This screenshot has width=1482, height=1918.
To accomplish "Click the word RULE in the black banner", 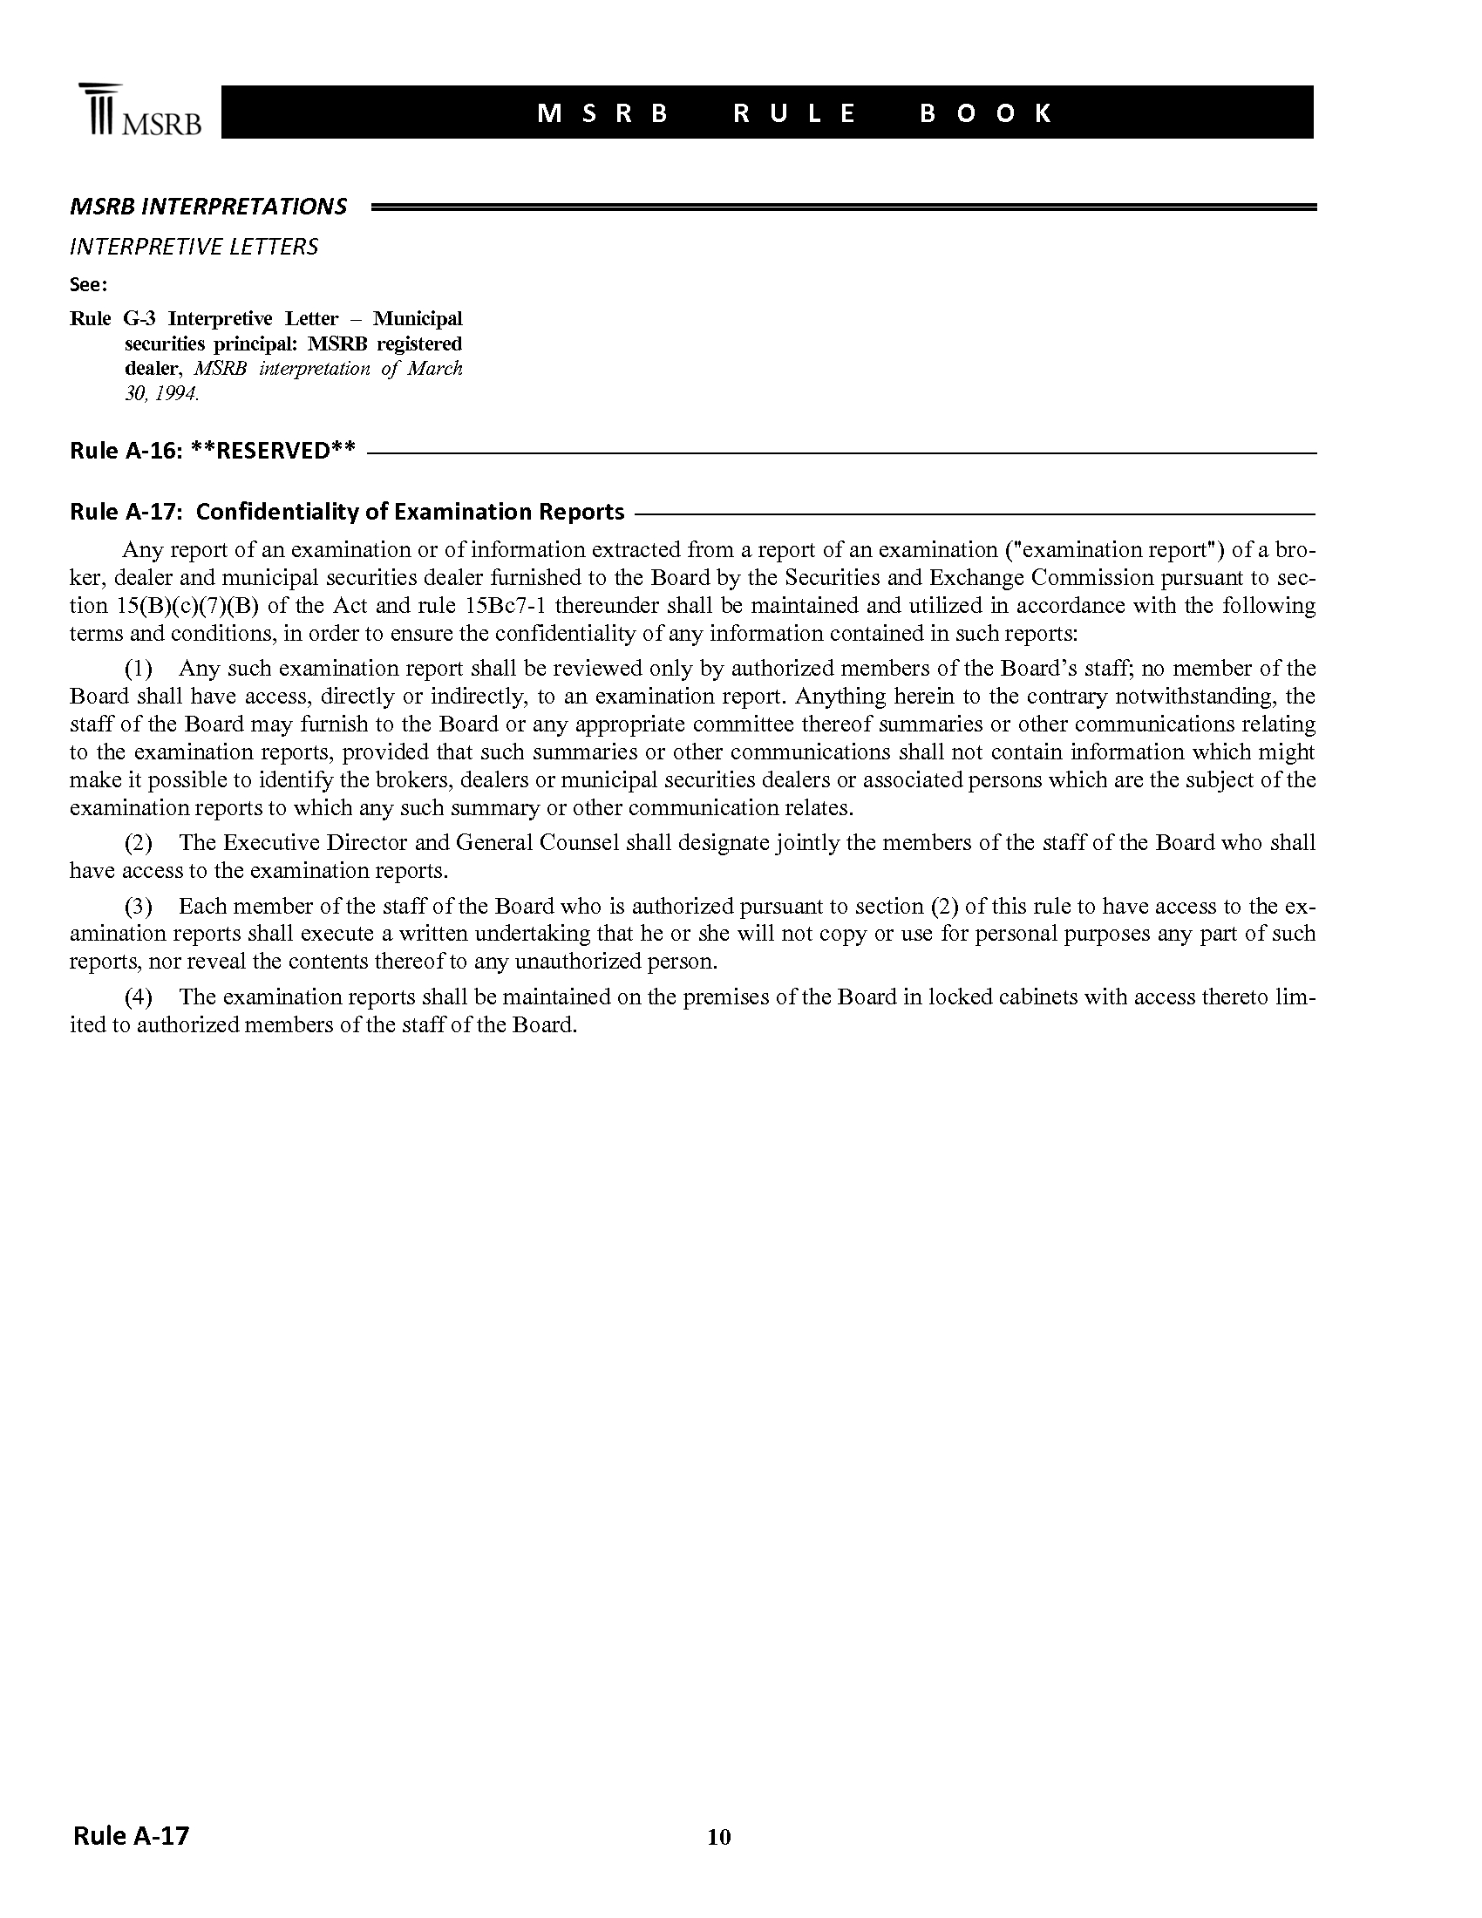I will tap(794, 113).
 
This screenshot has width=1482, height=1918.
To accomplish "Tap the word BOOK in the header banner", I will tap(986, 113).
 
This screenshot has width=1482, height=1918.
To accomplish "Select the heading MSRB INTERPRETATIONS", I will tap(208, 207).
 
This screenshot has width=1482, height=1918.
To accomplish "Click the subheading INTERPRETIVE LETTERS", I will tap(194, 247).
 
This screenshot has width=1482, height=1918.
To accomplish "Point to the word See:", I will tap(89, 285).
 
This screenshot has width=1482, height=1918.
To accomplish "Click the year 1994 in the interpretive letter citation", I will tap(176, 394).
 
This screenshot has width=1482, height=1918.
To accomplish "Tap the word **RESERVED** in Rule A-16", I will tap(273, 451).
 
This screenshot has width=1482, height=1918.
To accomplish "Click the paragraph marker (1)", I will tap(139, 670).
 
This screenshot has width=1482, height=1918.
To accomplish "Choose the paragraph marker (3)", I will tap(139, 907).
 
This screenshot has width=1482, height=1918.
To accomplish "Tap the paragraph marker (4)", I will tap(139, 997).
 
